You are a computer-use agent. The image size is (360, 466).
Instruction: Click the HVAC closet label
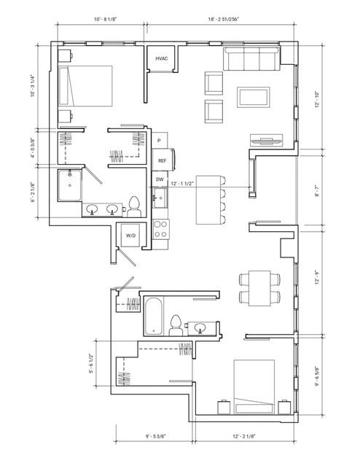click(161, 58)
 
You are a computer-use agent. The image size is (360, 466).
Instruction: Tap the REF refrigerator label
click(163, 160)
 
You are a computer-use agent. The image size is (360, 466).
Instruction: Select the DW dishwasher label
click(160, 179)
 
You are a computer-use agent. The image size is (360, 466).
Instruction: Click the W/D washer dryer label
click(130, 236)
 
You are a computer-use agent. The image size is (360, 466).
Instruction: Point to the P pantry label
click(159, 141)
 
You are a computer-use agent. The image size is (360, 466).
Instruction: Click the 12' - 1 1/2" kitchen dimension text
click(182, 184)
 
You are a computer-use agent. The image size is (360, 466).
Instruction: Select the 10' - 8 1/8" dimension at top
click(106, 19)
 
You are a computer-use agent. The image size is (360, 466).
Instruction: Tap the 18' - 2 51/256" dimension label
click(224, 19)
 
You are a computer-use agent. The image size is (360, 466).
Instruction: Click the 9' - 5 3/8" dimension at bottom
click(156, 436)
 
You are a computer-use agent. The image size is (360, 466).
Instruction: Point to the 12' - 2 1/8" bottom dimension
click(244, 436)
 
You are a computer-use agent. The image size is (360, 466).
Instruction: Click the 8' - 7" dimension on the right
click(317, 190)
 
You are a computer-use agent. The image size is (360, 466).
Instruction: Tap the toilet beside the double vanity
click(134, 207)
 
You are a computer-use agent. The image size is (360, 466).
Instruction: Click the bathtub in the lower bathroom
click(154, 315)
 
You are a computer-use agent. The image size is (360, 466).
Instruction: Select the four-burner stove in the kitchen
click(160, 229)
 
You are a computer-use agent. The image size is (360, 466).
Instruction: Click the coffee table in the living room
click(253, 97)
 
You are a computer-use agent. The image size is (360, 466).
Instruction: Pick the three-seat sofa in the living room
click(251, 59)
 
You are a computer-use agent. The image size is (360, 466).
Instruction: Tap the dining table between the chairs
click(259, 288)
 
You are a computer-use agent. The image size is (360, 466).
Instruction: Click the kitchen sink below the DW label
click(160, 198)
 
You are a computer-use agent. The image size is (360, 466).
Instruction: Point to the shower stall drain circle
click(70, 185)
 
